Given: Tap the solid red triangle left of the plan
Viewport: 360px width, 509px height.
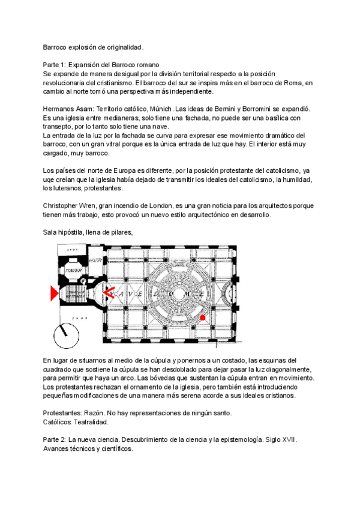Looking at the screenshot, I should coord(54,293).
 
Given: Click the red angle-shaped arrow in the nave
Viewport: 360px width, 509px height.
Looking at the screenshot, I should coord(110,293).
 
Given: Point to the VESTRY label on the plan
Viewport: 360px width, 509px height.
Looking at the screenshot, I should coord(95,261).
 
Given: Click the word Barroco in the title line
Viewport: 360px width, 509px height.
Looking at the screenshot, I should coord(56,47).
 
